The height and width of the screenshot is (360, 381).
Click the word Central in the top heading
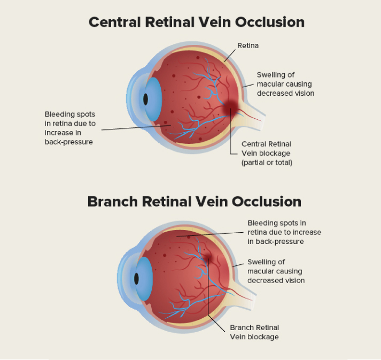(x=115, y=22)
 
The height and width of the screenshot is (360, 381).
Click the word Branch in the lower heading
(x=113, y=202)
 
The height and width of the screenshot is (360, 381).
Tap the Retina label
(x=248, y=45)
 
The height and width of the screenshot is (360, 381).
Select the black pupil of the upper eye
(x=145, y=99)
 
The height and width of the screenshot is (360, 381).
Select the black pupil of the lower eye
(x=136, y=279)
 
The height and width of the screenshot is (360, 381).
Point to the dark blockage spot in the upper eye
(x=231, y=106)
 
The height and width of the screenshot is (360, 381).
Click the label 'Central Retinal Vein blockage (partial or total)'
(x=267, y=153)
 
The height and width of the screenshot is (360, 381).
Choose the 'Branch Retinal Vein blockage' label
(x=254, y=332)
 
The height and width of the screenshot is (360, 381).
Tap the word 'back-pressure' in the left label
(x=69, y=142)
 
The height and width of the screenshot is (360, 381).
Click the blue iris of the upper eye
(x=153, y=99)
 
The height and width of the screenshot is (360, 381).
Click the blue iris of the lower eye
(x=144, y=279)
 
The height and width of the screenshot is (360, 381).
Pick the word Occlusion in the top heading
(x=269, y=22)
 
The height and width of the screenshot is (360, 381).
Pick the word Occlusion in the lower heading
(x=266, y=202)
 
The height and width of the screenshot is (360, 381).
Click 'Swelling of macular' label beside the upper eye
(x=285, y=84)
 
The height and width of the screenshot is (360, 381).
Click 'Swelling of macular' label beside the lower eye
(x=276, y=271)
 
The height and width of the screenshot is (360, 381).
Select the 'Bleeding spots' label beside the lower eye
(x=284, y=232)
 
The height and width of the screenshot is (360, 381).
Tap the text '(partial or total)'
(x=267, y=163)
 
